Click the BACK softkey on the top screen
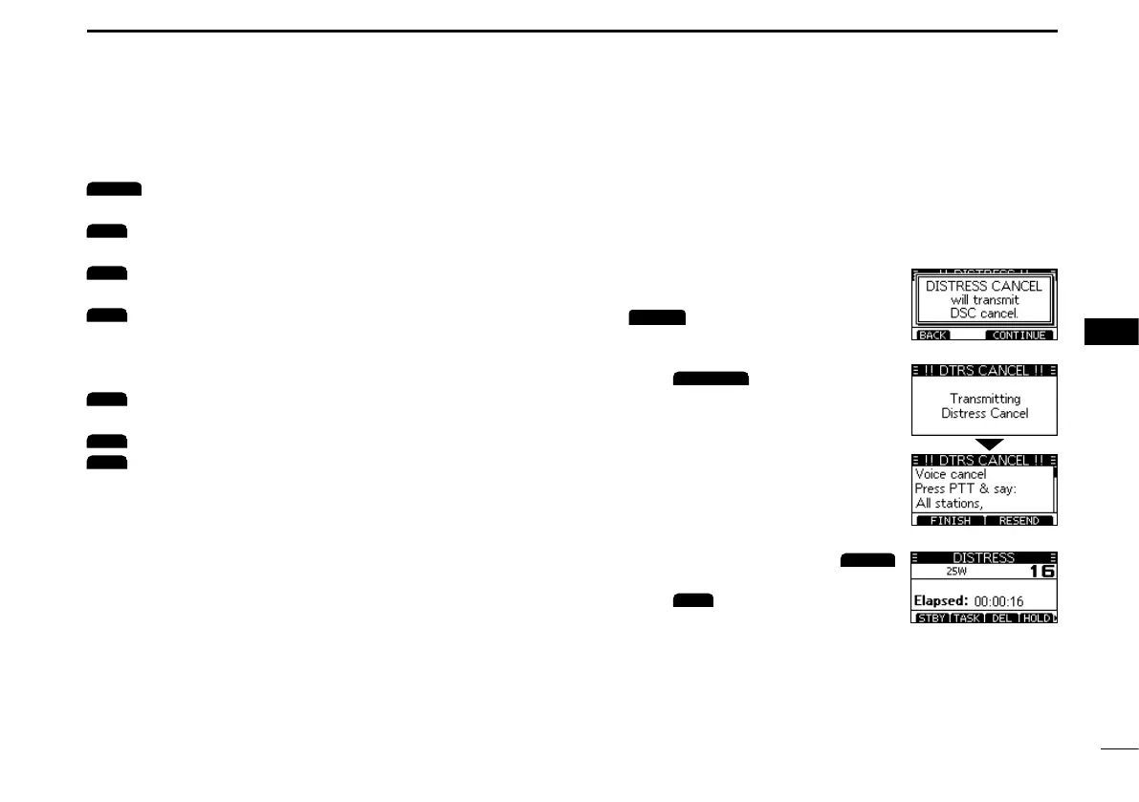[x=932, y=336]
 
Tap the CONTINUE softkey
[x=1019, y=336]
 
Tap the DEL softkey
[x=1001, y=618]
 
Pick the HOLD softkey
[x=1036, y=618]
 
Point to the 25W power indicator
[x=956, y=572]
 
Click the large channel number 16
[x=1040, y=572]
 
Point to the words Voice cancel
[x=951, y=474]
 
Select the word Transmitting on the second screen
[x=984, y=399]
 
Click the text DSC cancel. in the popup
[x=984, y=314]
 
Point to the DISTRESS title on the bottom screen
[x=983, y=558]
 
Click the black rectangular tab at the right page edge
[x=1112, y=332]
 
